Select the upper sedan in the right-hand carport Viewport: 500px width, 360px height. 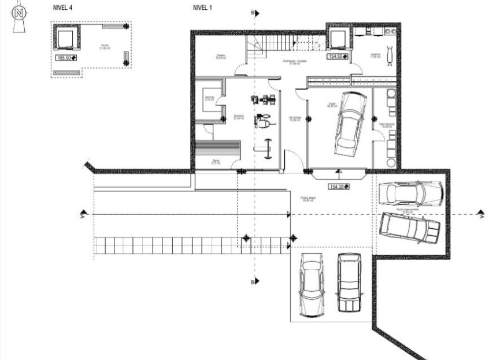click(x=411, y=193)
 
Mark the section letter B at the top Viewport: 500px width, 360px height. click(x=252, y=12)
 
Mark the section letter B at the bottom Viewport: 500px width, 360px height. click(x=252, y=282)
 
